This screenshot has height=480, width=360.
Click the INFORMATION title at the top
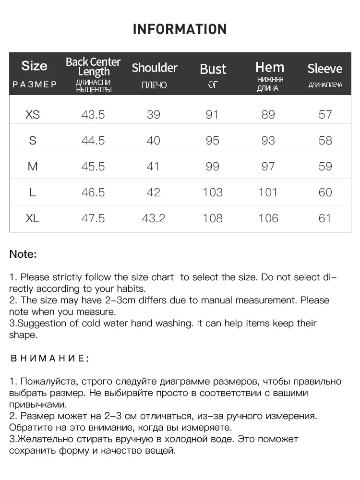coord(180,29)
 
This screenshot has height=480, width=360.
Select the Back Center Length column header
coord(93,67)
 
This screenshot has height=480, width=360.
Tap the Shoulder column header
coord(155,68)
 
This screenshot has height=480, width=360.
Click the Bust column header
coord(213,69)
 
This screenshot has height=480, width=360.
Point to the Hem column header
coord(270,67)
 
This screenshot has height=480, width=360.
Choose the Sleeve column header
coord(325,69)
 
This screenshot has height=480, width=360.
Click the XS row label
coord(33,115)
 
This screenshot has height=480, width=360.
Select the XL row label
coord(33,218)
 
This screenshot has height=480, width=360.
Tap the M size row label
coord(33,167)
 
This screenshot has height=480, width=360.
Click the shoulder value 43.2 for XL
coord(154,218)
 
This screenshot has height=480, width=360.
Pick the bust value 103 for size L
coord(212,192)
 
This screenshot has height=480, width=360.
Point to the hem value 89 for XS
coord(268,115)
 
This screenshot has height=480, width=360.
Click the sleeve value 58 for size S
coord(325,141)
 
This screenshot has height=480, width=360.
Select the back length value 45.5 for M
coord(93,167)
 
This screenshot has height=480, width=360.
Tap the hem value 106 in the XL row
coord(268,218)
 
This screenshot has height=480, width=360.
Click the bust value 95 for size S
coord(212,141)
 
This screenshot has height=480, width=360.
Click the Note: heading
coord(23,254)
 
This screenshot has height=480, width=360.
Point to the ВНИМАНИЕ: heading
coord(49,358)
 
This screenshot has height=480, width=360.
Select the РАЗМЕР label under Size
coord(35,84)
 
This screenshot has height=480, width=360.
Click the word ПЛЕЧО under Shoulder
coord(155,85)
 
